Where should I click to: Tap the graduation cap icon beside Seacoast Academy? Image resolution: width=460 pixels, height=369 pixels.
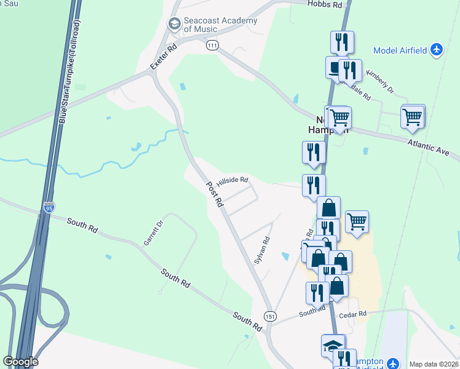[174, 24]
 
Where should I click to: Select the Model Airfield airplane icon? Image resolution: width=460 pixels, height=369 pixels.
[437, 49]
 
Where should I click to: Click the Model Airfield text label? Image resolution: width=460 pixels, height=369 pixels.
[400, 50]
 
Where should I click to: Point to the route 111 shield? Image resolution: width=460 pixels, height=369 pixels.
[212, 46]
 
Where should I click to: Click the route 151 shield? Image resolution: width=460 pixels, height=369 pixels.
[269, 315]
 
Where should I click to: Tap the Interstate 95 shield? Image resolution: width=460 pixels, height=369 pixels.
[49, 207]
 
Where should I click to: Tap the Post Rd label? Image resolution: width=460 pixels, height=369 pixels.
[215, 194]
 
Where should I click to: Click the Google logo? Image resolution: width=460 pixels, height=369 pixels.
[20, 362]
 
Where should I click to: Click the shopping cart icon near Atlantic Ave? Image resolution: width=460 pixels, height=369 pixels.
[413, 116]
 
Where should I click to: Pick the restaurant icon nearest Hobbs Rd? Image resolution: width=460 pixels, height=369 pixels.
[342, 42]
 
